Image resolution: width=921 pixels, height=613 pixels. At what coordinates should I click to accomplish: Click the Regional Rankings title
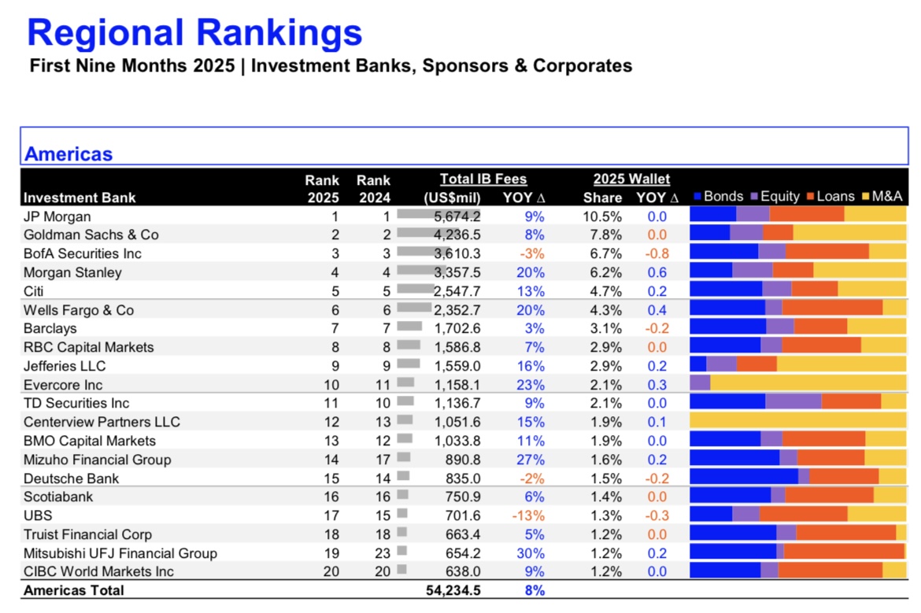point(194,33)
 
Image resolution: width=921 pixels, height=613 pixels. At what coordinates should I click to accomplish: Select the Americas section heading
point(68,153)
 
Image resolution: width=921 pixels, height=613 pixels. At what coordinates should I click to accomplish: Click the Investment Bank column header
point(80,198)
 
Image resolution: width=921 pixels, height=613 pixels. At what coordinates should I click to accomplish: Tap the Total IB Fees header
point(483,179)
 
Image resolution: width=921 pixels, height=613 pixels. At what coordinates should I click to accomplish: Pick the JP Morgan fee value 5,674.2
point(457,216)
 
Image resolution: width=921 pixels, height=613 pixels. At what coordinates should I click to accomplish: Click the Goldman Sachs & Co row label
point(91,234)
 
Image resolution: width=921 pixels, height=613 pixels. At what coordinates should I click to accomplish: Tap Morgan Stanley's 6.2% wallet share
point(602,272)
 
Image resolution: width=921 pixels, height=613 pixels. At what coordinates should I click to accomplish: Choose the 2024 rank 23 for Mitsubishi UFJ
point(383,553)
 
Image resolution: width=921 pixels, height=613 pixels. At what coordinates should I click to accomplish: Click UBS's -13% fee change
point(528,515)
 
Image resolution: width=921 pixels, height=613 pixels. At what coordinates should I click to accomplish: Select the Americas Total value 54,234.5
point(453,590)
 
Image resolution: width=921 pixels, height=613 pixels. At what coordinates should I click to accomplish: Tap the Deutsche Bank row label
point(71,478)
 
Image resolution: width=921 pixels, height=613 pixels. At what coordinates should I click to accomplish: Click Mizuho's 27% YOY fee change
point(531,460)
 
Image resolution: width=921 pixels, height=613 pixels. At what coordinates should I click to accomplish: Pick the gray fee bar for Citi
point(416,288)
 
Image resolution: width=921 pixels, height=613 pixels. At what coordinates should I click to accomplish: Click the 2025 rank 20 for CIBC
point(331,571)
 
